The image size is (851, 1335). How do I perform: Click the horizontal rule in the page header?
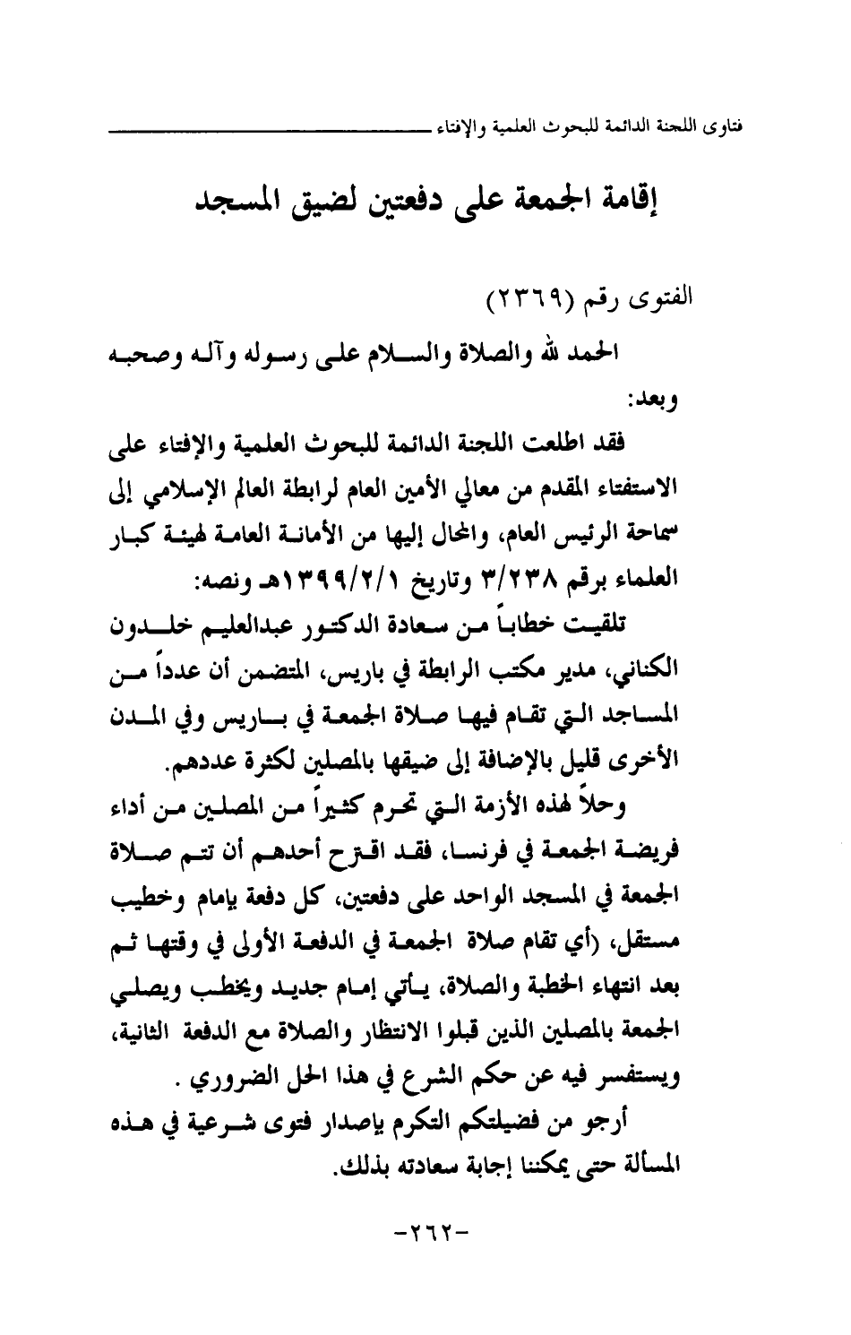pos(269,131)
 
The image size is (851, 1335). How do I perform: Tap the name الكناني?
pos(707,667)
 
